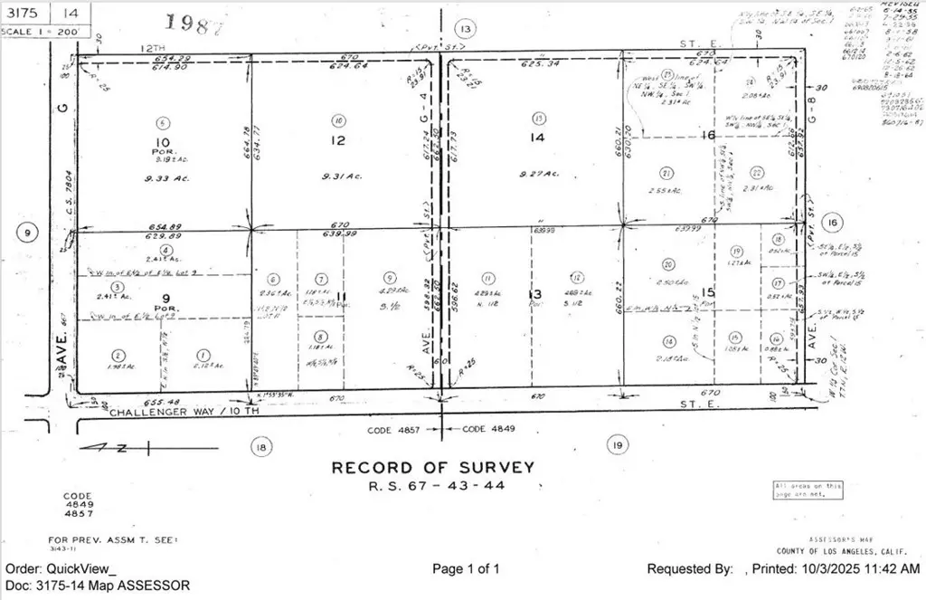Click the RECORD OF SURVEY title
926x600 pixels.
(x=432, y=468)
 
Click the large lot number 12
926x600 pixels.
(x=337, y=140)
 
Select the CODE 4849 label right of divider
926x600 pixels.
(x=488, y=429)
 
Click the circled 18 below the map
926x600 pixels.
(x=261, y=445)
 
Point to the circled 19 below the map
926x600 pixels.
(x=619, y=445)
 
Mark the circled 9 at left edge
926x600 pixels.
(x=28, y=233)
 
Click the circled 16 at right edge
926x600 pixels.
(x=834, y=224)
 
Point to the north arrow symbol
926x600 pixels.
(x=113, y=445)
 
